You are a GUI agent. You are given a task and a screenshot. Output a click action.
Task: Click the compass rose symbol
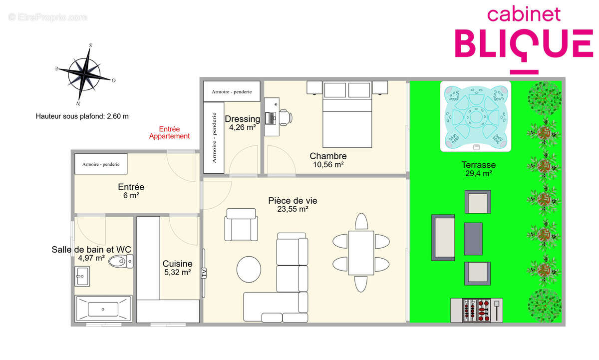84,74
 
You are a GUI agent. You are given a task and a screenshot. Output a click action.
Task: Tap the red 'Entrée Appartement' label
169,132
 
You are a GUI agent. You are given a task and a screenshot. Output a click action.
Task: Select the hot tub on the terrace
475,116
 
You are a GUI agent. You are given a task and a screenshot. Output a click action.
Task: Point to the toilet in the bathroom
120,261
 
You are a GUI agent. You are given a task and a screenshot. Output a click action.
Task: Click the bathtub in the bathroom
103,310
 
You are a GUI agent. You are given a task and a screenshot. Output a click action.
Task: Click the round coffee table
249,269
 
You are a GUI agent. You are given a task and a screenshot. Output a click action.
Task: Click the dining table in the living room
361,253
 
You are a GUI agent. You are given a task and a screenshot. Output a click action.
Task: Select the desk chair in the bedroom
286,117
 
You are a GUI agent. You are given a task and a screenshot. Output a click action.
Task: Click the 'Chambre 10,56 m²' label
327,160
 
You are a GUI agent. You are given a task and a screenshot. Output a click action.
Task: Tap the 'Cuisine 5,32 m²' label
177,268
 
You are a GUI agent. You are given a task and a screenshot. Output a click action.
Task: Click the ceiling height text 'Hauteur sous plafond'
82,116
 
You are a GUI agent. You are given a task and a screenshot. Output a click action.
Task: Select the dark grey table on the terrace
473,238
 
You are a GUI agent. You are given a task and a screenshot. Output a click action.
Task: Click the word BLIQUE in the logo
523,43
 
